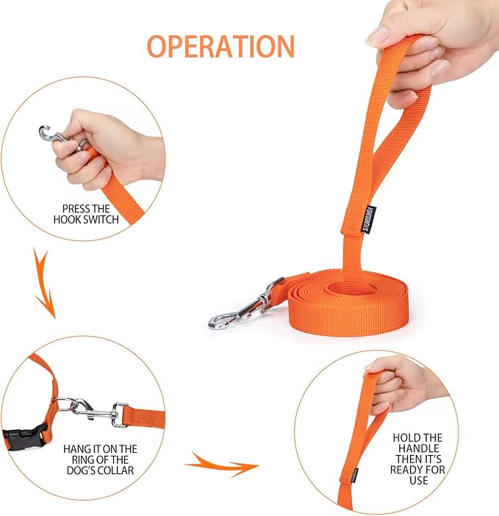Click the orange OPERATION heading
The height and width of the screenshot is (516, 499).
pyautogui.click(x=220, y=45)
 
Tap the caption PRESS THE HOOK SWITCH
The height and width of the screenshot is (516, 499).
pyautogui.click(x=86, y=214)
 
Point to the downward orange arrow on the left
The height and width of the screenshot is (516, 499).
pyautogui.click(x=43, y=282)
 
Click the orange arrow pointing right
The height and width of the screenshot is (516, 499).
pyautogui.click(x=220, y=464)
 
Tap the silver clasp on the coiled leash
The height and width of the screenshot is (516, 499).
pyautogui.click(x=239, y=309)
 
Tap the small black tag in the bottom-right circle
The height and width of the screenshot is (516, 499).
pyautogui.click(x=354, y=474)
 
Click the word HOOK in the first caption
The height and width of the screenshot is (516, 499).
pyautogui.click(x=70, y=219)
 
